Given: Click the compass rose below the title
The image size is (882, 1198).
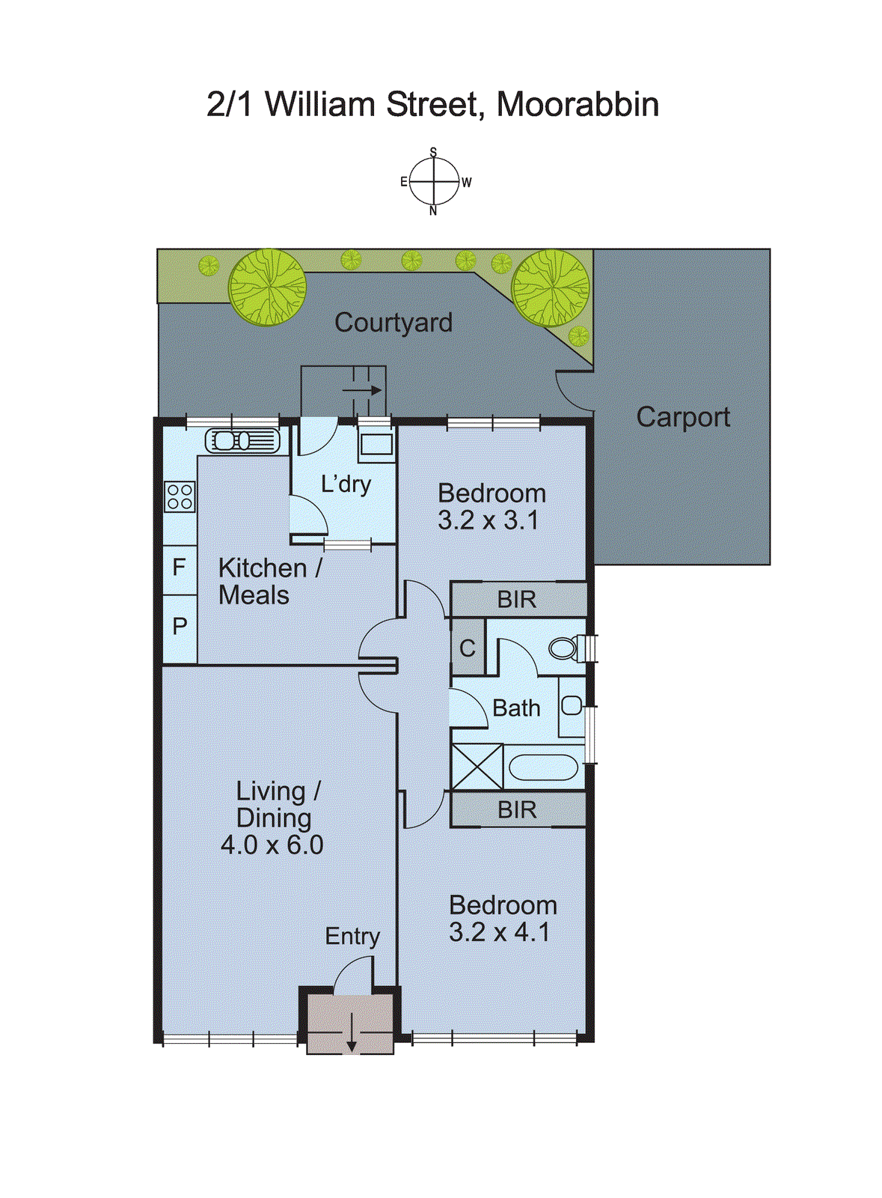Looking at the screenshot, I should [x=433, y=182].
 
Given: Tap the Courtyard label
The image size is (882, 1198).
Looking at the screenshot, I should [x=393, y=323].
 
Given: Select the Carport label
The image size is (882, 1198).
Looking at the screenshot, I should [x=682, y=417].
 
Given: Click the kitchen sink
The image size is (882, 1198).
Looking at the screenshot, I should [x=242, y=440].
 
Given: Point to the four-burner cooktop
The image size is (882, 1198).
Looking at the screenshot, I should [x=180, y=496].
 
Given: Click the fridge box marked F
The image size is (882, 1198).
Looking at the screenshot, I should [x=180, y=567].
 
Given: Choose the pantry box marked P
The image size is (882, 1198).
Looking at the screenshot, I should [x=180, y=626].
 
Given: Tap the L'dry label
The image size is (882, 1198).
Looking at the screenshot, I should [x=346, y=484].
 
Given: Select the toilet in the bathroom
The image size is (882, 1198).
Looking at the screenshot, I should [x=565, y=647].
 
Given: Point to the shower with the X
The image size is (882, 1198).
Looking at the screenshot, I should [x=477, y=767].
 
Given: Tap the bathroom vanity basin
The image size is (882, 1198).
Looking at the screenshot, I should [x=572, y=705].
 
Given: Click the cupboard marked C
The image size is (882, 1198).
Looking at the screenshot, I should [x=468, y=648].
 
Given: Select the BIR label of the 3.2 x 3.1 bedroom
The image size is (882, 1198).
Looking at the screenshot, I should [x=516, y=600].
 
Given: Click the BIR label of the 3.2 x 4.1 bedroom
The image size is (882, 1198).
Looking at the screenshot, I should [x=516, y=810].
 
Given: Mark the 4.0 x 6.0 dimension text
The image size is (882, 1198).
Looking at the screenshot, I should [x=272, y=845].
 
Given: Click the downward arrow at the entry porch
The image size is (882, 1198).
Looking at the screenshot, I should [x=351, y=1036].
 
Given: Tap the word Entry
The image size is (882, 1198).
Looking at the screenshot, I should [x=352, y=937].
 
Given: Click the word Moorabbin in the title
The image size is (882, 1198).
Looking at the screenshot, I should [x=578, y=105].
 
